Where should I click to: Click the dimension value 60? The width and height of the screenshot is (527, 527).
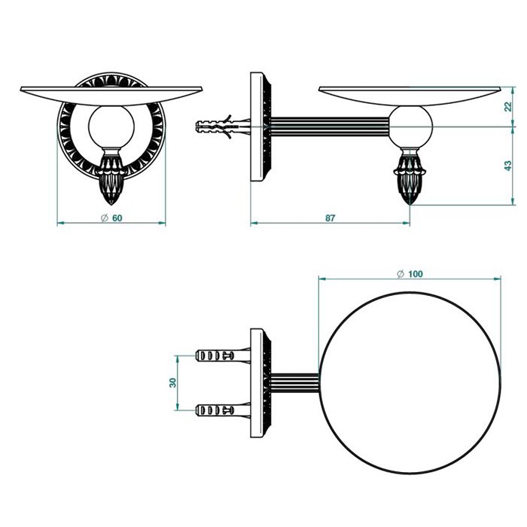117,218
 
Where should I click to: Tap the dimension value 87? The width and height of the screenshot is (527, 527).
330,218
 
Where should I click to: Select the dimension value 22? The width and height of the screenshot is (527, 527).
508,106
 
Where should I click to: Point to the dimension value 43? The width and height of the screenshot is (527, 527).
508,166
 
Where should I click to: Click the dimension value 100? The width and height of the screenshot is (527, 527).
416,274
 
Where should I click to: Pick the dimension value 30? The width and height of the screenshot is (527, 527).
172,382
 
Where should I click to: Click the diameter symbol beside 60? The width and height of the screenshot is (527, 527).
104,218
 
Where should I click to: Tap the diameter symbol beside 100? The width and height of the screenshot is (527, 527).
401,274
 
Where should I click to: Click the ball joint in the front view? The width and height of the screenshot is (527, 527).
111,126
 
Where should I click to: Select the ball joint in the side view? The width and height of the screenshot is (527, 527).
410,126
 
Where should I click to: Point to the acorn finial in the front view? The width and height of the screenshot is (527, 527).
111,177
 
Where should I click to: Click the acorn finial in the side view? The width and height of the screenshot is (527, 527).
410,177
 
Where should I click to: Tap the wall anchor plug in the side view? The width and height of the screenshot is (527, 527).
223,126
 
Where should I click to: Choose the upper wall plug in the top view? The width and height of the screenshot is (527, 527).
223,355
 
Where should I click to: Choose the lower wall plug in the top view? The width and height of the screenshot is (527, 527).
223,410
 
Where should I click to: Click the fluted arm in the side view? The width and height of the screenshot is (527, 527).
330,126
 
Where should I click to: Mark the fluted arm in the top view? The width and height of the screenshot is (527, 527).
295,382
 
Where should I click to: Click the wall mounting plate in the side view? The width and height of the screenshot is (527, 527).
260,126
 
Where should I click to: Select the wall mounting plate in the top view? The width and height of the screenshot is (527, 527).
260,382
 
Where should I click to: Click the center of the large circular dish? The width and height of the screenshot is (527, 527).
410,382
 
